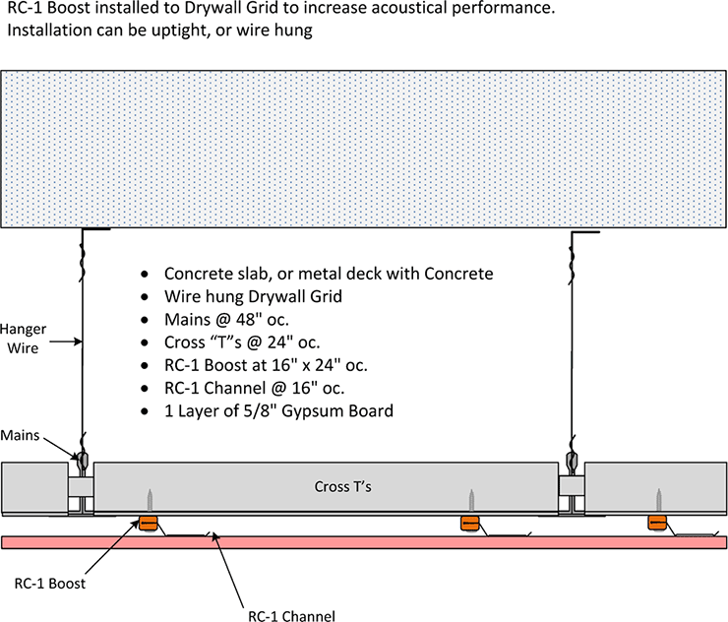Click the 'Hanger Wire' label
(21, 341)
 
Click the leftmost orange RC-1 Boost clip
(150, 524)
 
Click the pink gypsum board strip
(364, 542)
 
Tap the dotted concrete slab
(364, 149)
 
